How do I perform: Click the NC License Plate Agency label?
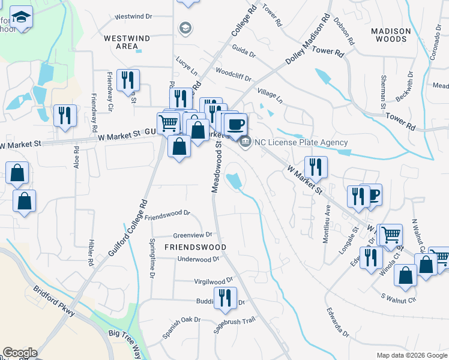point(301,142)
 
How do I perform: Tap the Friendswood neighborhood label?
point(196,247)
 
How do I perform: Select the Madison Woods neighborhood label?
point(391,35)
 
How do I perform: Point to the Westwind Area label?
point(127,42)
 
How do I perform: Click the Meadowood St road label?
point(216,166)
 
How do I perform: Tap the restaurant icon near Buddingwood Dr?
point(225,298)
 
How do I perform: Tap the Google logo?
point(20,353)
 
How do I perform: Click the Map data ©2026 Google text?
point(412,355)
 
